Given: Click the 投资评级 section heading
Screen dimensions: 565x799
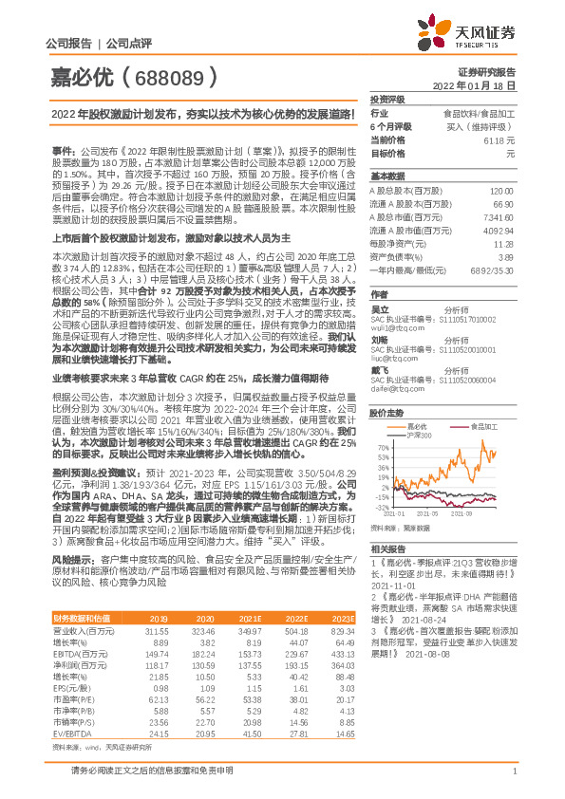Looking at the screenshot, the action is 387,99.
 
